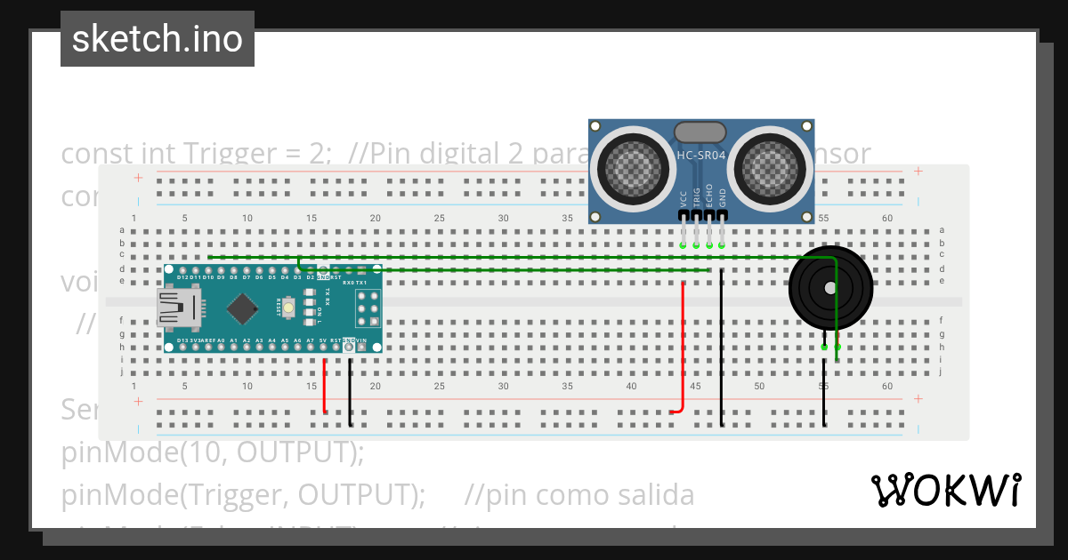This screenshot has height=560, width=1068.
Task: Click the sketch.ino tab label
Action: pyautogui.click(x=158, y=39)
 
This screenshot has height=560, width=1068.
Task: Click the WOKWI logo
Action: pyautogui.click(x=945, y=490)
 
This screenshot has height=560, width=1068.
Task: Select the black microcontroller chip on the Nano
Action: pyautogui.click(x=242, y=308)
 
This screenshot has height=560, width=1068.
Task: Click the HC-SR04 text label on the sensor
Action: pyautogui.click(x=701, y=155)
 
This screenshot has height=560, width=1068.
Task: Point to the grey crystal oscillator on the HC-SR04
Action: pyautogui.click(x=701, y=132)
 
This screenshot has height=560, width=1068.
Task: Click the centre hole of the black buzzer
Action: pyautogui.click(x=830, y=288)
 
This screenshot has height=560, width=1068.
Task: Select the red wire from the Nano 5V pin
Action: pyautogui.click(x=324, y=387)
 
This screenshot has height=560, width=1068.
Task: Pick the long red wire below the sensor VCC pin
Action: pyautogui.click(x=683, y=347)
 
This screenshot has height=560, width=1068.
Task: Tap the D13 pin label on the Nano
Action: pyautogui.click(x=182, y=340)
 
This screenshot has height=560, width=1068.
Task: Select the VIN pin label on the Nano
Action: pyautogui.click(x=361, y=340)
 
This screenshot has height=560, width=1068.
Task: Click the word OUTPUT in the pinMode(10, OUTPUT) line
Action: pyautogui.click(x=301, y=452)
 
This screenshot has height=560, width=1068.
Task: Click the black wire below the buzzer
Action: pyautogui.click(x=824, y=391)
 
